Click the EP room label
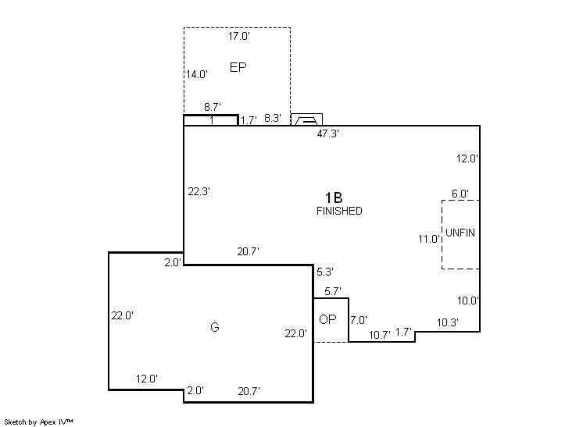(x=238, y=67)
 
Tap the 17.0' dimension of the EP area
(x=238, y=36)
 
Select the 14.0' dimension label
(x=197, y=74)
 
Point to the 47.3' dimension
(x=328, y=133)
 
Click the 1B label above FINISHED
(x=334, y=197)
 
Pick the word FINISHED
(x=339, y=211)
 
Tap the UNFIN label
(x=460, y=233)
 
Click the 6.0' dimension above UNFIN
(x=460, y=194)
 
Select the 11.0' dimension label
(x=429, y=239)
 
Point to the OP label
(x=327, y=319)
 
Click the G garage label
(x=215, y=327)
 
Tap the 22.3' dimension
(x=199, y=191)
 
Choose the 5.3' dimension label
(x=325, y=272)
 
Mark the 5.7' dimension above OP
(x=333, y=291)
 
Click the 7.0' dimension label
(x=359, y=320)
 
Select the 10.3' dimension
(x=448, y=322)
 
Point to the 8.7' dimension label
(x=213, y=107)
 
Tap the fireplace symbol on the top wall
(x=306, y=119)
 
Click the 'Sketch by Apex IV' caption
(x=38, y=422)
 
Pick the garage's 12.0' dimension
(x=147, y=379)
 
